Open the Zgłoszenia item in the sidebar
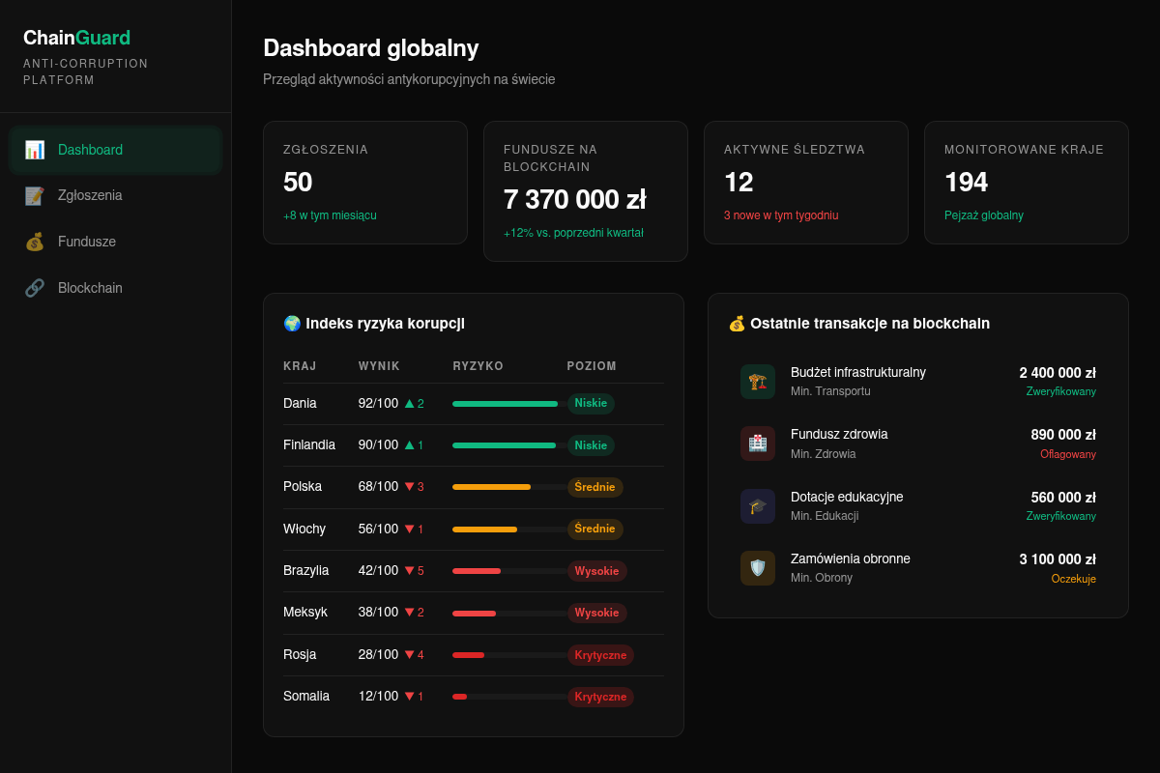(x=90, y=195)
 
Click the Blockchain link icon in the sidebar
(x=35, y=288)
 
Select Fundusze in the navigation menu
(x=86, y=242)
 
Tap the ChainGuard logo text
(x=76, y=38)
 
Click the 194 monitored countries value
(x=966, y=183)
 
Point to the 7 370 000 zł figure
(x=575, y=199)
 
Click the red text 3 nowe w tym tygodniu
(x=781, y=215)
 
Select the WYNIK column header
(x=379, y=366)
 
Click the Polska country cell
(x=303, y=487)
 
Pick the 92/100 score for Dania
(x=378, y=403)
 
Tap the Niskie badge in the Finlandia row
(x=591, y=445)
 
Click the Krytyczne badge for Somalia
(x=600, y=697)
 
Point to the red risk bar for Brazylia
(x=477, y=571)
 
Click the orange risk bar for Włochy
(x=484, y=530)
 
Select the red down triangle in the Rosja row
(x=409, y=654)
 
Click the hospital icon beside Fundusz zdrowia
(x=758, y=444)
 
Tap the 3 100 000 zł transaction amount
(x=1058, y=559)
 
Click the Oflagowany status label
(x=1068, y=454)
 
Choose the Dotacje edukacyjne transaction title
(x=847, y=497)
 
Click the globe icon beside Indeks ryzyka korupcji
(x=292, y=324)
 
